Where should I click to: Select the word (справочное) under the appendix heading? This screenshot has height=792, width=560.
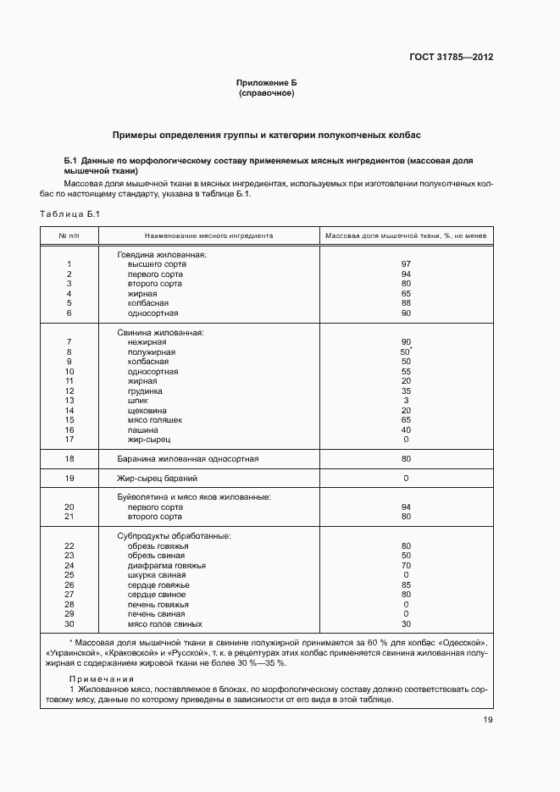tap(266, 93)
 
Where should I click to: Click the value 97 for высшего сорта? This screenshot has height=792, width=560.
tap(406, 264)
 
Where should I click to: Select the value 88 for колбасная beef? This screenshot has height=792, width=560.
tap(406, 303)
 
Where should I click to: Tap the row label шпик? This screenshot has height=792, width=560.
tap(137, 401)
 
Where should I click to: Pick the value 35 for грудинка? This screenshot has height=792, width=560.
tap(406, 391)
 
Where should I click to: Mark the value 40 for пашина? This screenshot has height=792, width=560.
tap(406, 430)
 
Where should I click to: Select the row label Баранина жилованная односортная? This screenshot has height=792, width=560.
tap(188, 459)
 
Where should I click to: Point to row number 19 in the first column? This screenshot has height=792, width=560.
tap(69, 479)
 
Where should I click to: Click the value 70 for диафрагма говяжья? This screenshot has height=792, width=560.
tap(406, 566)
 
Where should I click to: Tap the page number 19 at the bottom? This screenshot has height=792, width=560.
tap(488, 720)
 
